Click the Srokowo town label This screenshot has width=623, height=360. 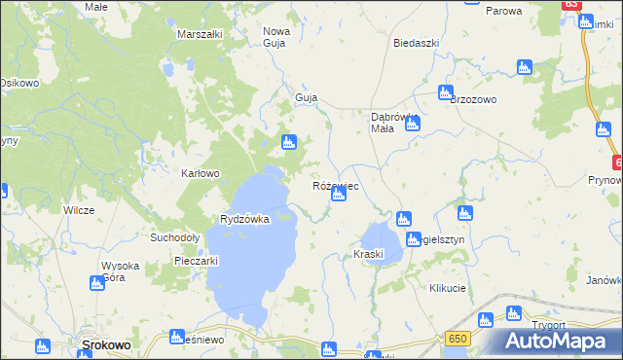click(x=101, y=345)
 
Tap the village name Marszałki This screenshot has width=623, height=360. click(x=201, y=34)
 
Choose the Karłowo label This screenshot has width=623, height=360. click(x=202, y=174)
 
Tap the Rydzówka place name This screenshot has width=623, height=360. click(x=244, y=220)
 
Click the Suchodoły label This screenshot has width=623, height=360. click(x=175, y=237)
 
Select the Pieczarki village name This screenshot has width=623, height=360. click(x=195, y=261)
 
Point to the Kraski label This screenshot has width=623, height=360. click(x=369, y=255)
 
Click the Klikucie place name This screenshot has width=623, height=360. click(x=448, y=289)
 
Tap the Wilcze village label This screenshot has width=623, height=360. click(x=78, y=210)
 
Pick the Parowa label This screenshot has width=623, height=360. click(x=503, y=11)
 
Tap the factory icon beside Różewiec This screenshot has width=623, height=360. click(x=339, y=195)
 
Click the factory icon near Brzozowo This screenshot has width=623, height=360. click(x=446, y=93)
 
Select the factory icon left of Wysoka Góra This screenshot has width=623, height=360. click(x=96, y=283)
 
